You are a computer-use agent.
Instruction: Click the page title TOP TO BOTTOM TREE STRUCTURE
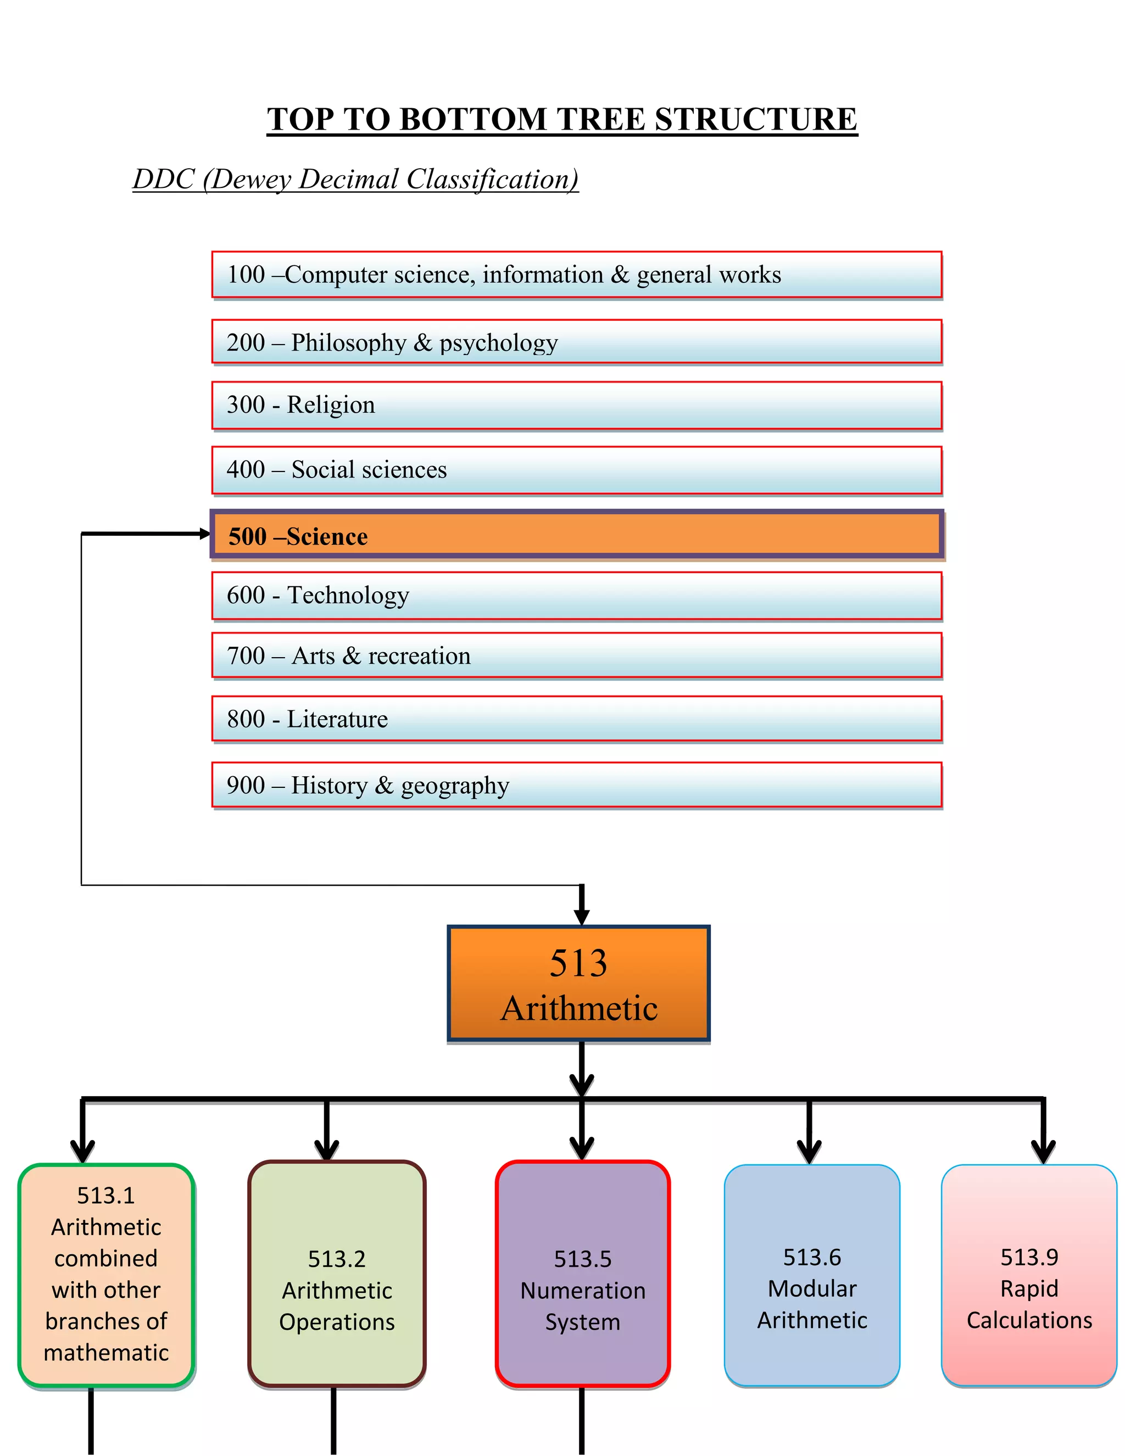pos(562,120)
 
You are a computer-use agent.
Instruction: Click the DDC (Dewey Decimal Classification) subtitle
pos(355,179)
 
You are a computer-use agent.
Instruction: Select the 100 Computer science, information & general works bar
pos(576,275)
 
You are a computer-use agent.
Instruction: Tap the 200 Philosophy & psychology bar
pos(576,342)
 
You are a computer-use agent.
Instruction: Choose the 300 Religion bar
pos(576,405)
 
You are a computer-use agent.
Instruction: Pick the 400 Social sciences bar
pos(576,470)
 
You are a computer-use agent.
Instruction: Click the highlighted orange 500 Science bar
pos(576,535)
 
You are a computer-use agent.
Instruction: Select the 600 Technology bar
pos(576,596)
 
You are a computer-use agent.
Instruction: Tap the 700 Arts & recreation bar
pos(576,656)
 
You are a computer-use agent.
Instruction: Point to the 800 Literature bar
pos(576,719)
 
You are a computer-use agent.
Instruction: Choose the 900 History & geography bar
pos(576,785)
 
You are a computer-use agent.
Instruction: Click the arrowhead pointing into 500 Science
pos(204,534)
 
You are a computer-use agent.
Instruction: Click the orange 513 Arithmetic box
pos(578,984)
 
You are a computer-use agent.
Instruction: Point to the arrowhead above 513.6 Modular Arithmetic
pos(809,1151)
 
